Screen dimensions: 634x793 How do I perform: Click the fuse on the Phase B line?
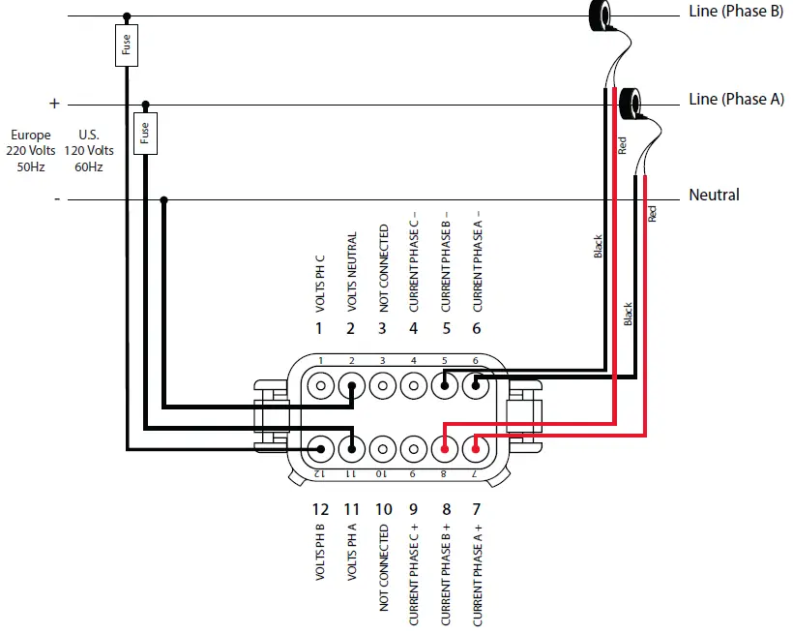[x=127, y=46]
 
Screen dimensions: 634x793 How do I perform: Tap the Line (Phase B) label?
[x=735, y=12]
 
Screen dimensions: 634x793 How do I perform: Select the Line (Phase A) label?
[x=735, y=100]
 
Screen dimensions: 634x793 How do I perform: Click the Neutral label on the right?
[x=714, y=196]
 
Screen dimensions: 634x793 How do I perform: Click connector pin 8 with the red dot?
[x=444, y=448]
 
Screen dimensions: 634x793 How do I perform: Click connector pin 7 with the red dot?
[x=475, y=448]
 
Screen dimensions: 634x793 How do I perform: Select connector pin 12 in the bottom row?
[x=320, y=448]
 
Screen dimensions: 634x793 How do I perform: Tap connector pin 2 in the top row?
[x=352, y=386]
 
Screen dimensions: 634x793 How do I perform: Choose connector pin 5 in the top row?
[x=444, y=386]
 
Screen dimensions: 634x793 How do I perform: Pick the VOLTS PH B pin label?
[x=320, y=554]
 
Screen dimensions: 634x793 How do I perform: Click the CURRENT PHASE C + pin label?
[x=414, y=576]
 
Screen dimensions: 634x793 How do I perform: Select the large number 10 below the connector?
[x=383, y=509]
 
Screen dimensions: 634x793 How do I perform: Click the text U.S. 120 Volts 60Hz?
[x=89, y=151]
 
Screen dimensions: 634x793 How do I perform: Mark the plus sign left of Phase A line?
[x=54, y=103]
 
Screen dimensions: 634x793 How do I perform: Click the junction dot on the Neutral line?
[x=164, y=200]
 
